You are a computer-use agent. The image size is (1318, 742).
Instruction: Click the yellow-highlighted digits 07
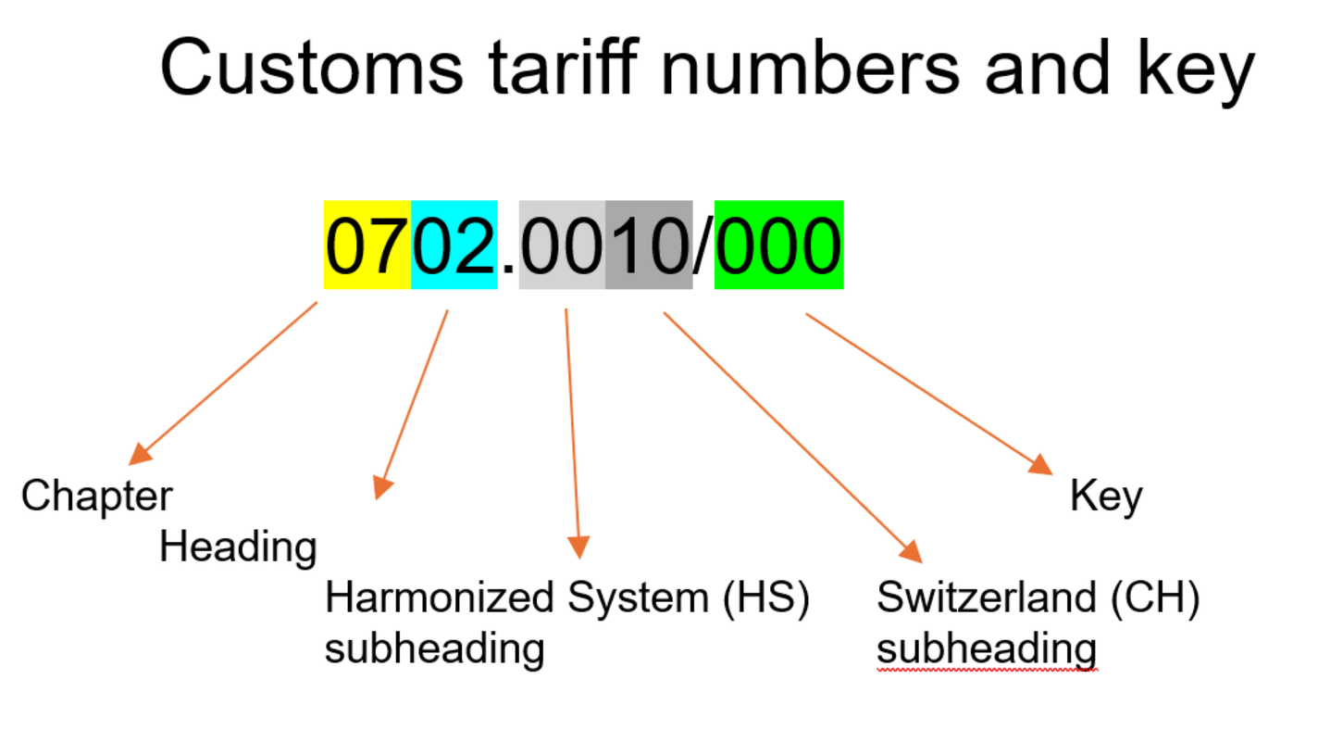pos(367,245)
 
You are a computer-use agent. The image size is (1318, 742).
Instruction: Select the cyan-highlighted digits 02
pos(454,245)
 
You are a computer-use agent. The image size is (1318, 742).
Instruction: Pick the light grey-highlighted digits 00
pos(562,245)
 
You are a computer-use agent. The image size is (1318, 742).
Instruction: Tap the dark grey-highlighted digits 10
pos(649,245)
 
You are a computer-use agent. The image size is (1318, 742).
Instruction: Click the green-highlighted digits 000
pos(778,245)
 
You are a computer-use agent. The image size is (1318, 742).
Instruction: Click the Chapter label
pos(96,497)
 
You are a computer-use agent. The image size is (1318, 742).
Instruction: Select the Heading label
pos(238,547)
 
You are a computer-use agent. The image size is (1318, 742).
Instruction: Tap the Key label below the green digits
pos(1106,497)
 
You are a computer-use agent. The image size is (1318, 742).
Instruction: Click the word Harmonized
pos(438,598)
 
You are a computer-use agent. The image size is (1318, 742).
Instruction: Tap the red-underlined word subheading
pos(987,649)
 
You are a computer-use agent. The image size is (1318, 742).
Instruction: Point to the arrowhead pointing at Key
pos(1042,466)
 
